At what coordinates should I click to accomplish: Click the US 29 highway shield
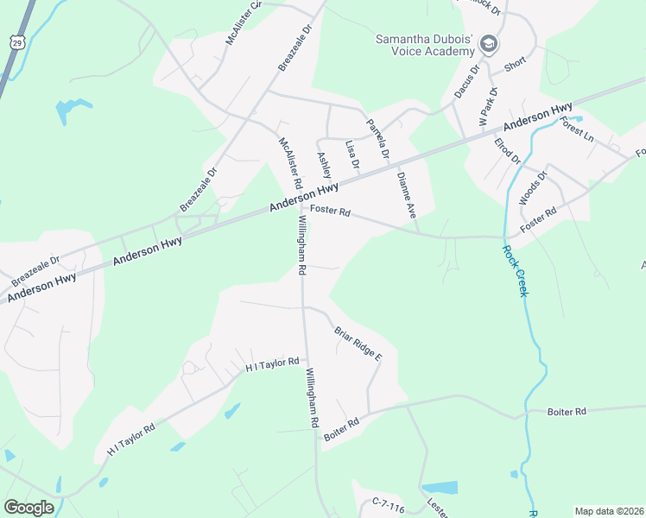pos(16,41)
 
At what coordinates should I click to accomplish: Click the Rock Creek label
pos(514,271)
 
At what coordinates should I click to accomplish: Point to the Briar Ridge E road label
pos(358,343)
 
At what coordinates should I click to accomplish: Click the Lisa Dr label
pos(352,155)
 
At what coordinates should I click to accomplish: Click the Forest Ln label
pos(577,129)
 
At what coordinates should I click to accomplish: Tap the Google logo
pos(28,508)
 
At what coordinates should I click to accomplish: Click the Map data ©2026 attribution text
pos(609,511)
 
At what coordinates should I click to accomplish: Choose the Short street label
pos(516,66)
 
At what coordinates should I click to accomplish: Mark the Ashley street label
pos(324,165)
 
